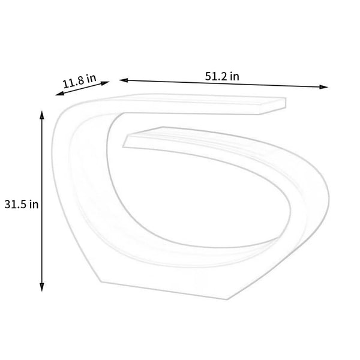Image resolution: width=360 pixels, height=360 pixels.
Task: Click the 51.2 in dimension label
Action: tap(222, 76)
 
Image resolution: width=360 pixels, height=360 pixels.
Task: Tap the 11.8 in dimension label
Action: tap(79, 81)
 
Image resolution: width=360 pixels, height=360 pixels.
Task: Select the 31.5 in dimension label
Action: tap(22, 205)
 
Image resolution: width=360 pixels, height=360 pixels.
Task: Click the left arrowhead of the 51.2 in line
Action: tap(124, 80)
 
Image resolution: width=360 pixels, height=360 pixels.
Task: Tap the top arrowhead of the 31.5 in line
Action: tap(42, 115)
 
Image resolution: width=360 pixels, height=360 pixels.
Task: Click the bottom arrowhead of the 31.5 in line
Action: tap(42, 287)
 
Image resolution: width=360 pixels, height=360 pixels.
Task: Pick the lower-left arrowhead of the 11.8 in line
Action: tap(59, 94)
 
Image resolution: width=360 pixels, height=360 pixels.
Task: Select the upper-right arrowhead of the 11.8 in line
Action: tap(105, 83)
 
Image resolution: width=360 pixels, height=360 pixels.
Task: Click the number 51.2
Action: tap(215, 76)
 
